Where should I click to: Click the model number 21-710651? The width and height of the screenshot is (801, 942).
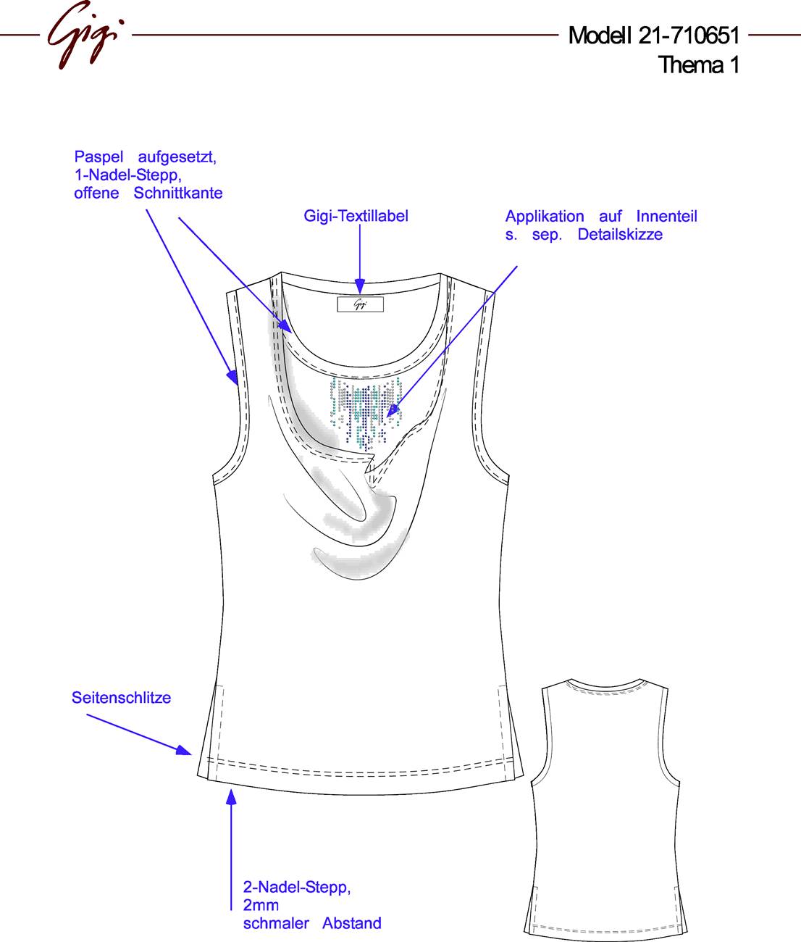(x=689, y=36)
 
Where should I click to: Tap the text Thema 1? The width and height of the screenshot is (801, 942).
(x=698, y=64)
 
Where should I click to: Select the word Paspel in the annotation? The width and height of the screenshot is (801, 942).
(x=99, y=157)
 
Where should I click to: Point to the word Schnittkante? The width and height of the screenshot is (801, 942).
(x=178, y=193)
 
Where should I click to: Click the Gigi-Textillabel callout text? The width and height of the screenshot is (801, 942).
(x=356, y=216)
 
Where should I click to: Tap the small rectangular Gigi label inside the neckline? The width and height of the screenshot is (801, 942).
(x=361, y=304)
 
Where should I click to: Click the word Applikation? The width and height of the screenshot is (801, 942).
(x=545, y=217)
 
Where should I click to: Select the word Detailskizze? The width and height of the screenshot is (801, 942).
(x=620, y=234)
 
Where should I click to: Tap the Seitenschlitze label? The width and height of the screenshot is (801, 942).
(x=121, y=697)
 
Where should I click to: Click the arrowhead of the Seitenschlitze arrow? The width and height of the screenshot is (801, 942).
(x=185, y=750)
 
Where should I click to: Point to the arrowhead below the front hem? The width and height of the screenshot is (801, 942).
(x=232, y=797)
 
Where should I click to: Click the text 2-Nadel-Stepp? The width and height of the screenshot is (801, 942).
(x=297, y=888)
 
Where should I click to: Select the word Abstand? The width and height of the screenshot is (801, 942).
(x=352, y=923)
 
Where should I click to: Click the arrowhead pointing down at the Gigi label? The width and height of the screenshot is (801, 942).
(x=360, y=287)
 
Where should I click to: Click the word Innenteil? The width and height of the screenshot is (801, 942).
(x=666, y=216)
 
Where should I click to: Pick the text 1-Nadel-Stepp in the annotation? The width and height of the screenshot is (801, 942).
(x=128, y=175)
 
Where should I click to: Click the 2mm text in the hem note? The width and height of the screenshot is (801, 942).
(x=261, y=905)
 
